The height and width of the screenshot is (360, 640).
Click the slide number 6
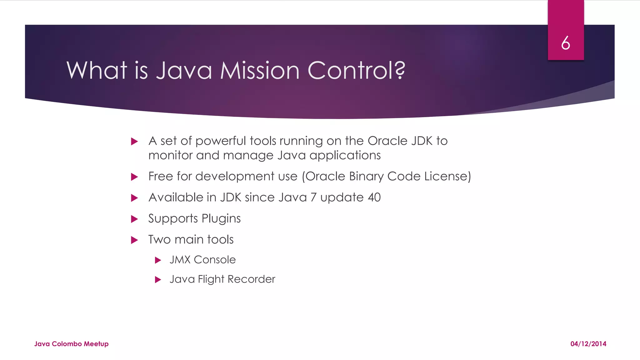[565, 43]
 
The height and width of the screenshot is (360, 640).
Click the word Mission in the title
[260, 70]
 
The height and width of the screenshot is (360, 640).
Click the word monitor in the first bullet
[170, 155]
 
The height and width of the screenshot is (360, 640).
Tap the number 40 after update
[374, 197]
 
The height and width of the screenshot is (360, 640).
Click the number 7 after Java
[313, 197]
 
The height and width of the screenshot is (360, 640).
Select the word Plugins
[221, 218]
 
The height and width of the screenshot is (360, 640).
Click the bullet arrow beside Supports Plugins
[134, 219]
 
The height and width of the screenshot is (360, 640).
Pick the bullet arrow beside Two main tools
[134, 240]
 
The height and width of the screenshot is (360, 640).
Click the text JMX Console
[202, 260]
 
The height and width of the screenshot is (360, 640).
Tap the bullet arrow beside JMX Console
[158, 260]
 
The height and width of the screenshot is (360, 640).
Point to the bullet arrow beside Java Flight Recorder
[158, 279]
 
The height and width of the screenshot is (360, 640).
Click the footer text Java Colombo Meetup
[71, 344]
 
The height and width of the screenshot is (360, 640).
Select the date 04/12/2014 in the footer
[588, 344]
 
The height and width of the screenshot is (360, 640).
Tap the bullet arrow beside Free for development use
[134, 177]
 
